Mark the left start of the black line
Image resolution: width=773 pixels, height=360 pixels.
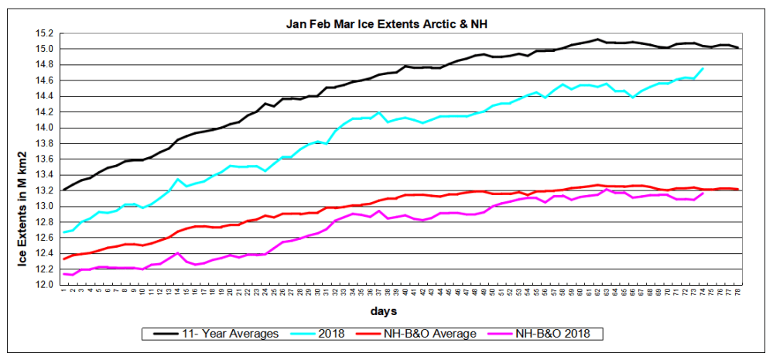click(63, 190)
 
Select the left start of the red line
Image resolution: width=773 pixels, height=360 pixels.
click(63, 259)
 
